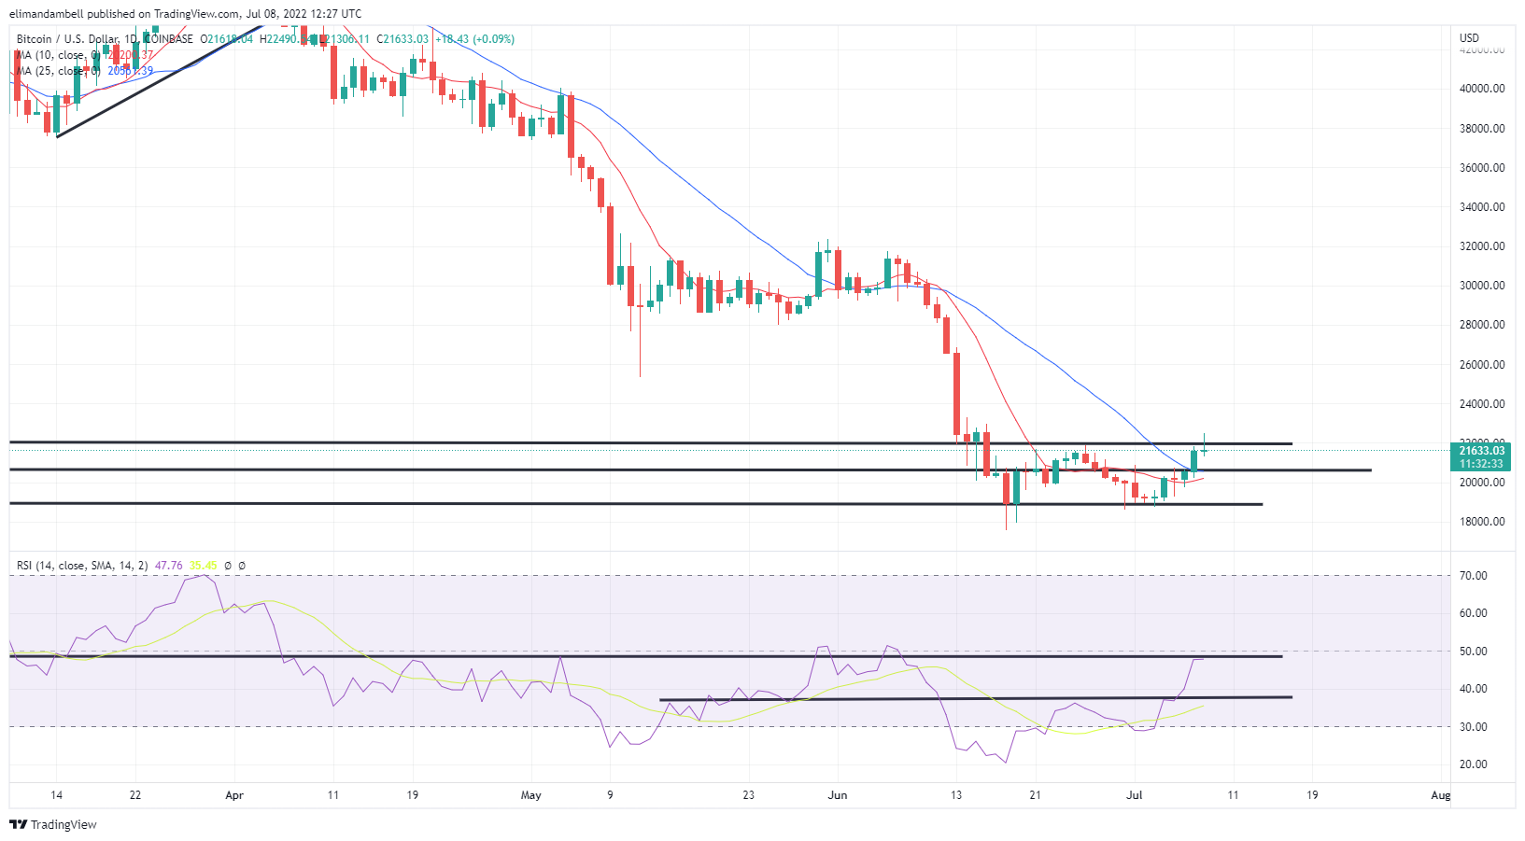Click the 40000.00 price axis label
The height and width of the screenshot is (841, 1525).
pos(1482,89)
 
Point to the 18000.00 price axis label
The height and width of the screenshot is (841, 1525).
pos(1482,522)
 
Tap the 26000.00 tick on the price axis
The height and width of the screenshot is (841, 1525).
pos(1482,365)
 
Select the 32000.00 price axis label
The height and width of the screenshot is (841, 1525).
pos(1482,246)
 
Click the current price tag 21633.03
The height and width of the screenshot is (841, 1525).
pos(1482,451)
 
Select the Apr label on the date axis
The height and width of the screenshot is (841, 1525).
pos(234,795)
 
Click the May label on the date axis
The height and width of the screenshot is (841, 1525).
pos(530,795)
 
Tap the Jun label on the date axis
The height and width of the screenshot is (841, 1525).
pos(838,795)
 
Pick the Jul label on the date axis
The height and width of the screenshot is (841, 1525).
pos(1135,795)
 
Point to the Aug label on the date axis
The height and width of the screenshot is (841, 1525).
pos(1441,795)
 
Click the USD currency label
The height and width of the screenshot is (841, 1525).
pos(1470,38)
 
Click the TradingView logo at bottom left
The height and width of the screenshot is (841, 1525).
pos(53,825)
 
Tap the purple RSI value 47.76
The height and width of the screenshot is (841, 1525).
pos(169,566)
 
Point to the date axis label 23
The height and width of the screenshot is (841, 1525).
pos(748,795)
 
